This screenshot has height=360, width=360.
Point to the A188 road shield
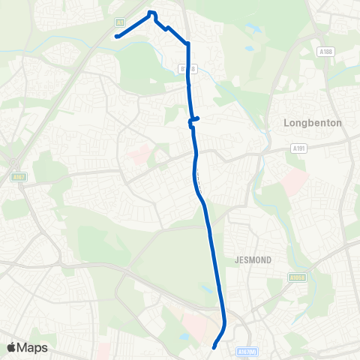point(324,52)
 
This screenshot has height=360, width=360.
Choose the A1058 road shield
point(296,277)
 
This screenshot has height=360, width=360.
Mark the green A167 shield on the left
point(19,177)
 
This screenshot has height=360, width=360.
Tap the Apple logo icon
point(13,347)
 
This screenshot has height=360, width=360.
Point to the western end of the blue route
point(117,35)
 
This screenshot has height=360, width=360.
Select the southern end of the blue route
point(214,347)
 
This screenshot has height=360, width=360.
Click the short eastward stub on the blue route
point(196,118)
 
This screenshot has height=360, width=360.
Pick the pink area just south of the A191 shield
point(295,180)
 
